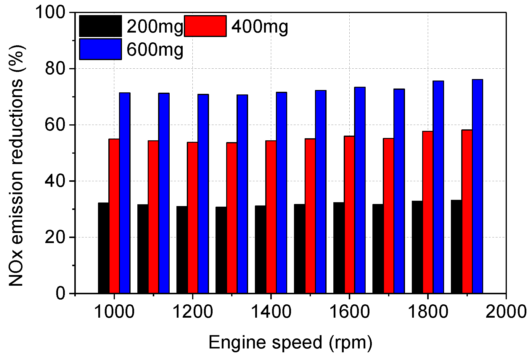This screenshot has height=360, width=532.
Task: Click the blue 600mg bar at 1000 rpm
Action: pos(125,192)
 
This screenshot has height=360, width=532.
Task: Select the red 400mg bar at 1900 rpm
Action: pos(467,211)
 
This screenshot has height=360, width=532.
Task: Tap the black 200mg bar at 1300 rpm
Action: pos(221,250)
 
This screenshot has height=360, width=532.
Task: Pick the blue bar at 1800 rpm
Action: pos(438,187)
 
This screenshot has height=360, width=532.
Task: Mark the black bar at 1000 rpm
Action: pos(103,248)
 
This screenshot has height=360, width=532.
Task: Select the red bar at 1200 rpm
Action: pos(192,217)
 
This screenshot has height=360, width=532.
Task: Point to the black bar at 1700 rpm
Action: pos(378,248)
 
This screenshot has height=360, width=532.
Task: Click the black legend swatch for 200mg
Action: pos(100,26)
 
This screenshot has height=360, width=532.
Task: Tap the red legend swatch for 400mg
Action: pos(205,26)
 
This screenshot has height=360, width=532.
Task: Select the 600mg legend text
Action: pos(155,49)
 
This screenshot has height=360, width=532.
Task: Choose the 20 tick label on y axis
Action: pos(55,237)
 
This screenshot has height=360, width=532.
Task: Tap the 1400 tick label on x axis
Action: pos(271,312)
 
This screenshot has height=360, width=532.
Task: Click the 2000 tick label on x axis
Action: pos(506,312)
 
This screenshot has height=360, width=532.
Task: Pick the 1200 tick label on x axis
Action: pos(192,312)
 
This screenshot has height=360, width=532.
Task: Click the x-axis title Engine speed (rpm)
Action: pos(290,343)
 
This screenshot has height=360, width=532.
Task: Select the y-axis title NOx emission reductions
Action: pos(16,166)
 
